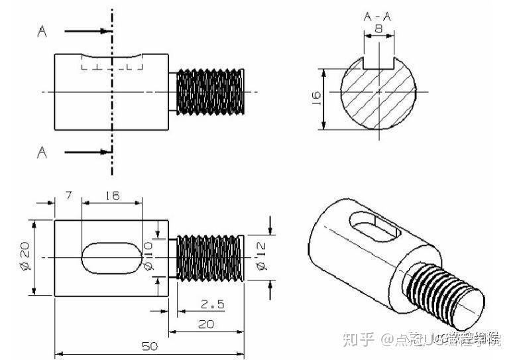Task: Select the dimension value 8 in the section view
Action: click(x=378, y=30)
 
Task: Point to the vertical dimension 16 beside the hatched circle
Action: click(x=316, y=97)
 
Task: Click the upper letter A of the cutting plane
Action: click(x=42, y=30)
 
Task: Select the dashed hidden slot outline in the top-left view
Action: click(x=112, y=64)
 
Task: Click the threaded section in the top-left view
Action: click(x=210, y=91)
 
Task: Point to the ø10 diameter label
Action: click(x=150, y=257)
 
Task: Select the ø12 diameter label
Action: click(x=260, y=257)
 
